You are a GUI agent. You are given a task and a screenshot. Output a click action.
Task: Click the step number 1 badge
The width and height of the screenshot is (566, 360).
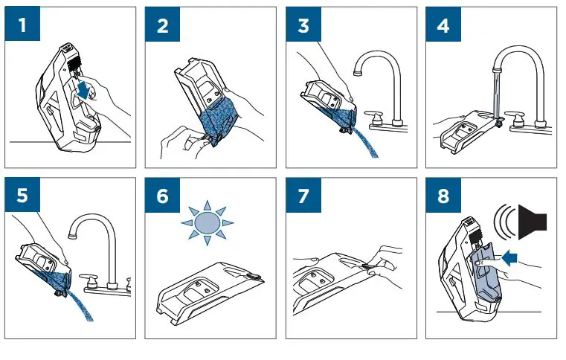point(22,24)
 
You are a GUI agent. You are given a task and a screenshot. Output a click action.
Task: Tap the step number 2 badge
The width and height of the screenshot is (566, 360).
point(162,24)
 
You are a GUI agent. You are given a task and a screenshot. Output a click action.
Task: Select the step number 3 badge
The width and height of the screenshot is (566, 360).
point(303,24)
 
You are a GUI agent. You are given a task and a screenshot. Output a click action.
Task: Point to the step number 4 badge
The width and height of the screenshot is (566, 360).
point(443,24)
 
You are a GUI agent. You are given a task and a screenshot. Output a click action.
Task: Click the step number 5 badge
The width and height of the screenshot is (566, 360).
point(22,195)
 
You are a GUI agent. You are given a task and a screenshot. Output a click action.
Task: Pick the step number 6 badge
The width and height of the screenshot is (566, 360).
point(162,195)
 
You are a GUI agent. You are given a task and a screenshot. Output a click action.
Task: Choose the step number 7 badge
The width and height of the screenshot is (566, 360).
point(303,195)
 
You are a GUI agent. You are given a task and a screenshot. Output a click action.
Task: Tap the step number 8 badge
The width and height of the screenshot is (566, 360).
point(443,195)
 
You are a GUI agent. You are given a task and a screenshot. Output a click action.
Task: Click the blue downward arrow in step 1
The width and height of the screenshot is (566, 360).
point(84,90)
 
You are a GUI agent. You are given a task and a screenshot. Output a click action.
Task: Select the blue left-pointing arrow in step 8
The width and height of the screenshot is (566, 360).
point(509,259)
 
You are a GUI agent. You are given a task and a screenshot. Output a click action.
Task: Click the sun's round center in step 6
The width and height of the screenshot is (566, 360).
point(208,223)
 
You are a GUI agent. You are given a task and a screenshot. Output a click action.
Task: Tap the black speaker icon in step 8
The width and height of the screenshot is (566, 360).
point(533,222)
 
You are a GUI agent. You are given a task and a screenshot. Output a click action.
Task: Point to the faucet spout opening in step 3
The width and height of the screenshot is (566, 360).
point(358,73)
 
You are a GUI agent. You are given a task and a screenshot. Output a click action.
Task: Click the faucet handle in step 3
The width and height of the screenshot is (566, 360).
point(374,117)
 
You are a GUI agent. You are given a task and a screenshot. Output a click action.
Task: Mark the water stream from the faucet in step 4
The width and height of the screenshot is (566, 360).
point(498,92)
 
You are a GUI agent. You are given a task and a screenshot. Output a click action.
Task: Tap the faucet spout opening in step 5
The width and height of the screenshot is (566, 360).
point(73,236)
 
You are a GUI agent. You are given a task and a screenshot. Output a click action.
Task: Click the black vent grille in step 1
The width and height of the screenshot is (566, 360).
point(74,64)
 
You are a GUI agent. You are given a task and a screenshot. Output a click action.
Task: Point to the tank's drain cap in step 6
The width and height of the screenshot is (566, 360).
point(254,277)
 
